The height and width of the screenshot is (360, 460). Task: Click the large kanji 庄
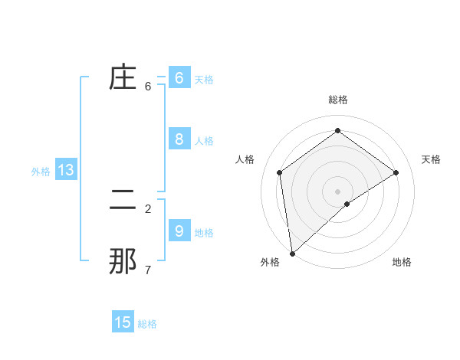123,78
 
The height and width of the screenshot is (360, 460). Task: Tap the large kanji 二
123,201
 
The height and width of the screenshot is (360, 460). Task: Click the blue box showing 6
179,78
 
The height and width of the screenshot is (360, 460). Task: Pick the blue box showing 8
179,139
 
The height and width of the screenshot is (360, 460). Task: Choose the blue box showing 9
179,231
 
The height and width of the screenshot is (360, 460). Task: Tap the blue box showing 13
66,170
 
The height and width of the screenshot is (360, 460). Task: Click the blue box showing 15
123,322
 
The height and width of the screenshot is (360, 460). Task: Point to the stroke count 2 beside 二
148,208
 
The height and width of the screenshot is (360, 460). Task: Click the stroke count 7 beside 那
148,270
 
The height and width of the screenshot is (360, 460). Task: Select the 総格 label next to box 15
147,324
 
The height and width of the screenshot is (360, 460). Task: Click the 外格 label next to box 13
41,172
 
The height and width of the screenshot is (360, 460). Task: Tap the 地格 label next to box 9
204,233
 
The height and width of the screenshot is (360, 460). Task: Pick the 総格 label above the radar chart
337,100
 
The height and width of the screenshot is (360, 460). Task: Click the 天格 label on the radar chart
431,159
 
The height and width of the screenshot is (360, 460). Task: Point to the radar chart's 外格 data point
292,253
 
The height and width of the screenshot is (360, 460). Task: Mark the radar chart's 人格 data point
280,172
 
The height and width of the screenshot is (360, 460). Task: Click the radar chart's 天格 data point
396,172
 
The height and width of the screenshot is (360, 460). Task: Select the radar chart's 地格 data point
347,204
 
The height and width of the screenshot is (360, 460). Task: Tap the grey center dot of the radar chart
337,191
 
